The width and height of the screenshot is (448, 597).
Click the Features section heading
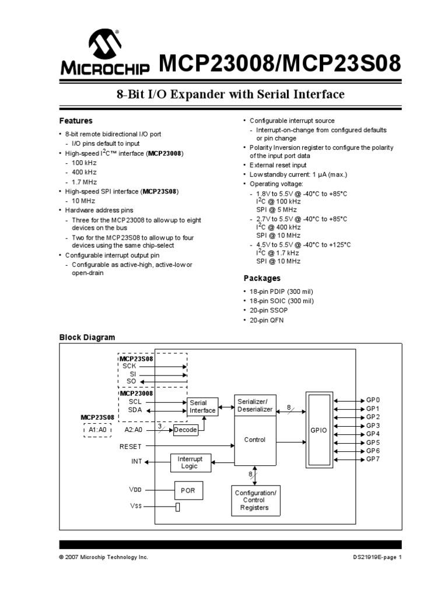tap(76, 121)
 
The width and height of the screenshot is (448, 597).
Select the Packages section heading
tap(261, 278)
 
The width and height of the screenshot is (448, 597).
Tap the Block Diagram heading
tap(87, 338)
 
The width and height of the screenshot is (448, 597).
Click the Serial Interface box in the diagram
tap(202, 406)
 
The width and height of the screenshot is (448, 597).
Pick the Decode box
tap(185, 430)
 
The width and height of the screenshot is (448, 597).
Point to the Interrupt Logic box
tap(190, 462)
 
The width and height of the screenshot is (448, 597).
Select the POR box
tap(188, 490)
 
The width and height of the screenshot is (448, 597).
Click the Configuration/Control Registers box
tap(255, 500)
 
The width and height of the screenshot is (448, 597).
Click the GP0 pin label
tap(373, 401)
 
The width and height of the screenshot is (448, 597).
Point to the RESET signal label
tap(131, 446)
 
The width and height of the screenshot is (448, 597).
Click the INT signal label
tap(136, 462)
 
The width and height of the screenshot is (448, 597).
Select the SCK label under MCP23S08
tap(129, 367)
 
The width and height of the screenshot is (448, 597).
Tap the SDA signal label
tap(135, 410)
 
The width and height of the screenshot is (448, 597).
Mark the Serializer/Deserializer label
tap(255, 405)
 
